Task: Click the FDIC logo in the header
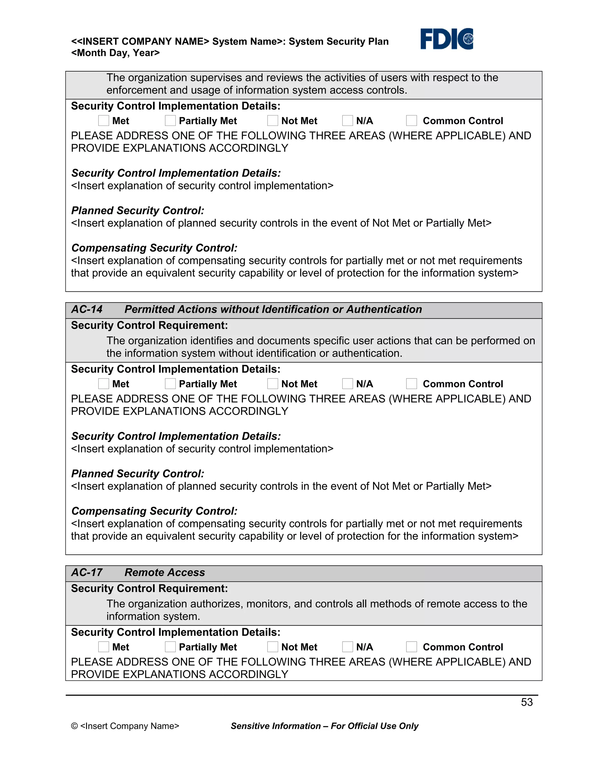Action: point(446,39)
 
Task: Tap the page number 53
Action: point(526,702)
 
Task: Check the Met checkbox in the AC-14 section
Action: point(104,384)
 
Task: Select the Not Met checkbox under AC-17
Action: point(273,647)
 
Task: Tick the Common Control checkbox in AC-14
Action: point(411,384)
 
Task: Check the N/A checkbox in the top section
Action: point(347,121)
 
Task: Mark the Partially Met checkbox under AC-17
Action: point(170,647)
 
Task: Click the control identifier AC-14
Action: point(87,309)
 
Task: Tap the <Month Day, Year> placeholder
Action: point(115,53)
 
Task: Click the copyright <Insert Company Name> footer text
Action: point(125,726)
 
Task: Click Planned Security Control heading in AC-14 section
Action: point(137,474)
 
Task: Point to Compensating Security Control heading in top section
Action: point(154,248)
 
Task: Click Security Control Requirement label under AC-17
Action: point(149,588)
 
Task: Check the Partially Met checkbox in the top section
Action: point(170,121)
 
